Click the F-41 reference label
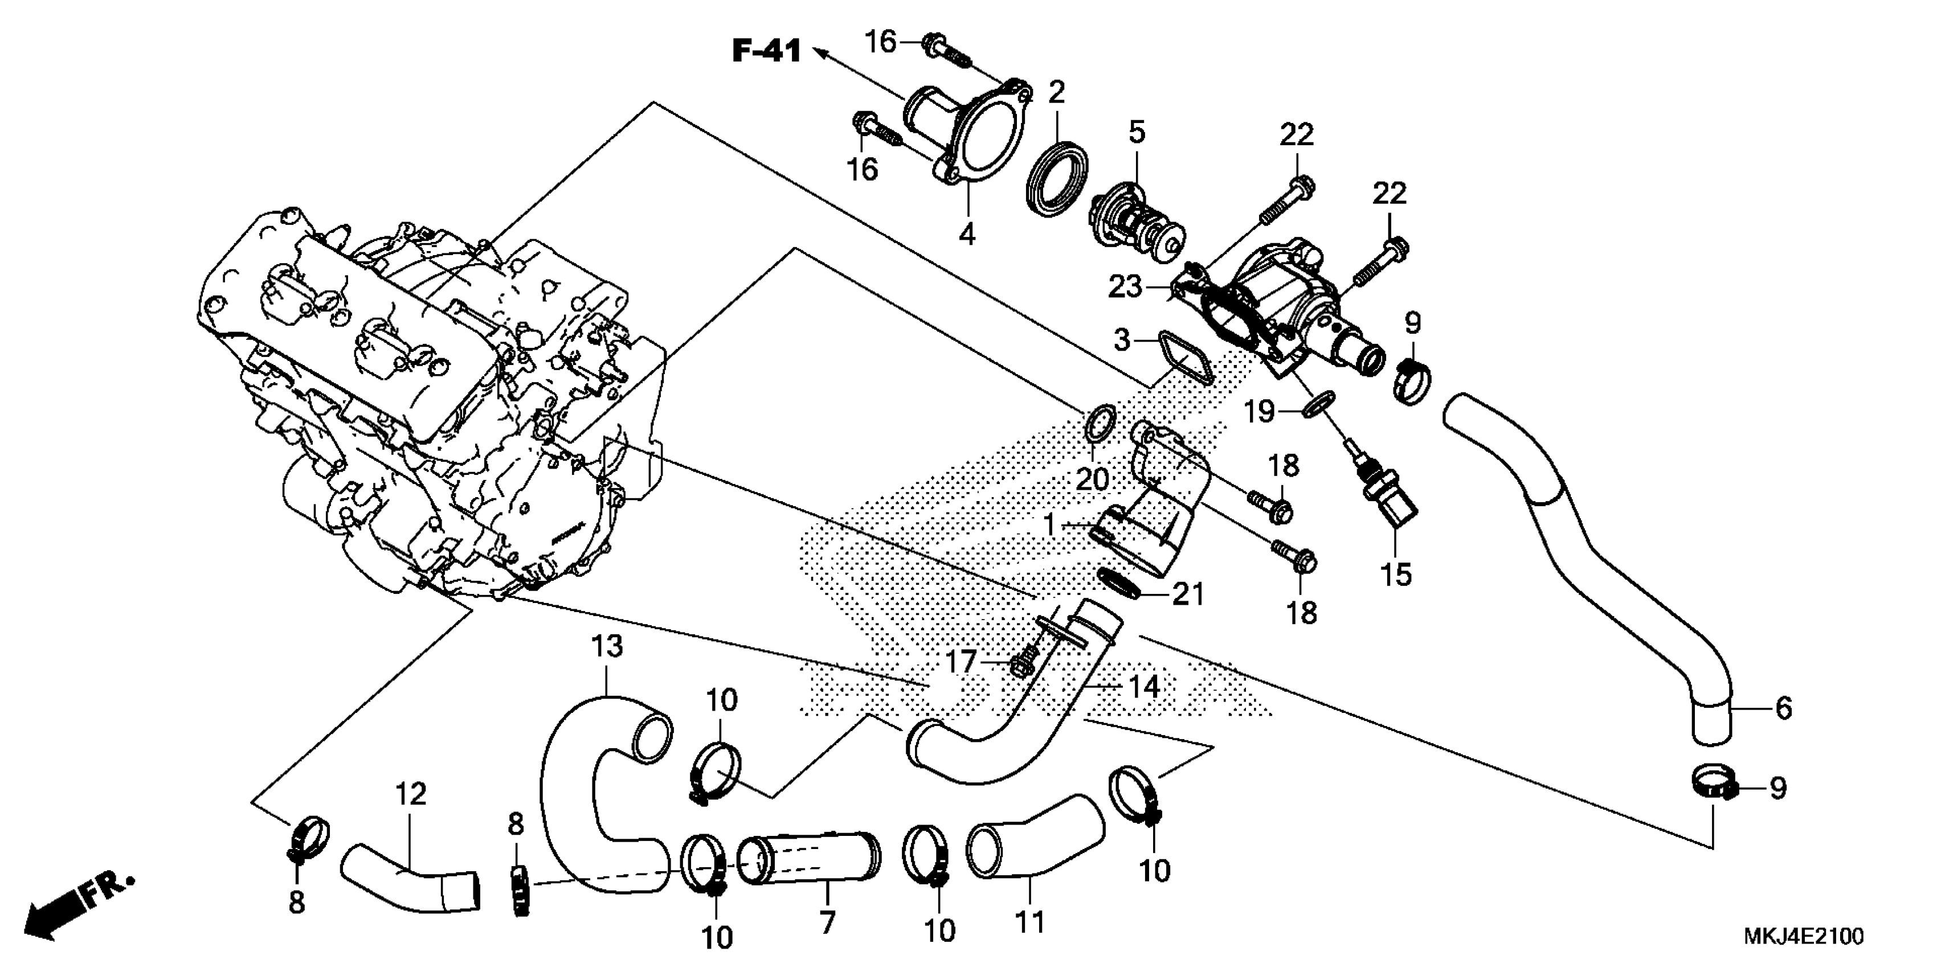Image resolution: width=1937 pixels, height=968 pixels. click(766, 51)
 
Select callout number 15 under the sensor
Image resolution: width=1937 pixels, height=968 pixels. click(1396, 575)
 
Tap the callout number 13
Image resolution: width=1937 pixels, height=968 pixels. click(607, 646)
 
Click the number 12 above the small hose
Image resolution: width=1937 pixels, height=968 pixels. click(411, 794)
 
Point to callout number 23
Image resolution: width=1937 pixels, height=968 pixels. click(1125, 287)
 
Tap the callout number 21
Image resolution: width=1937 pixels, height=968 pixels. click(1188, 595)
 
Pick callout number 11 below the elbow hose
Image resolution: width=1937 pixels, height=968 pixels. click(1029, 921)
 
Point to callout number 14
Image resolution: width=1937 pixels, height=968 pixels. click(1144, 686)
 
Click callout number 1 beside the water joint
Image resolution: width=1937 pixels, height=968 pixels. click(1050, 524)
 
